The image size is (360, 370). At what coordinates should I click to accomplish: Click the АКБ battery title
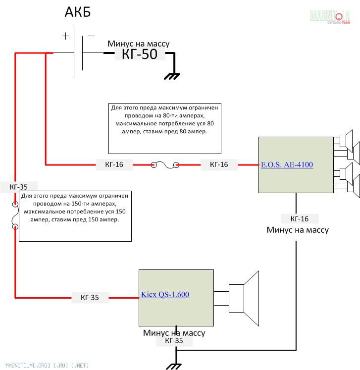(x=78, y=12)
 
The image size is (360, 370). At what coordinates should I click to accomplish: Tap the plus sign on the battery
(x=66, y=36)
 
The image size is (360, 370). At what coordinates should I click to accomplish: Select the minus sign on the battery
(x=91, y=36)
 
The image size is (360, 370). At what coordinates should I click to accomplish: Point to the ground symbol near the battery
(x=172, y=76)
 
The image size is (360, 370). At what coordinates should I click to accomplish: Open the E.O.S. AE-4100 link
(x=287, y=165)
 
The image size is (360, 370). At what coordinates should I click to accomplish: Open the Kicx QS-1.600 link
(x=165, y=295)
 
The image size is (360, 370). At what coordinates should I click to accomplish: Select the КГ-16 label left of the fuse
(x=114, y=165)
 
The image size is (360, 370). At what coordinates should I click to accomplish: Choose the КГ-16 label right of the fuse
(x=219, y=165)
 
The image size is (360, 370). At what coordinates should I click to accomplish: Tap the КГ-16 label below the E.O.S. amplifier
(x=299, y=219)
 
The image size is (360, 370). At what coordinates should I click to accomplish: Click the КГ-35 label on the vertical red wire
(x=15, y=187)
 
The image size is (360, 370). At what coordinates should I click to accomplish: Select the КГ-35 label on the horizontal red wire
(x=90, y=298)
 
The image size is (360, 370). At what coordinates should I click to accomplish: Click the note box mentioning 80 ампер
(x=164, y=128)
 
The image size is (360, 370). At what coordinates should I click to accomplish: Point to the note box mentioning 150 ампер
(x=75, y=216)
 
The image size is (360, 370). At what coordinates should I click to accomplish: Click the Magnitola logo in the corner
(x=330, y=16)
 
